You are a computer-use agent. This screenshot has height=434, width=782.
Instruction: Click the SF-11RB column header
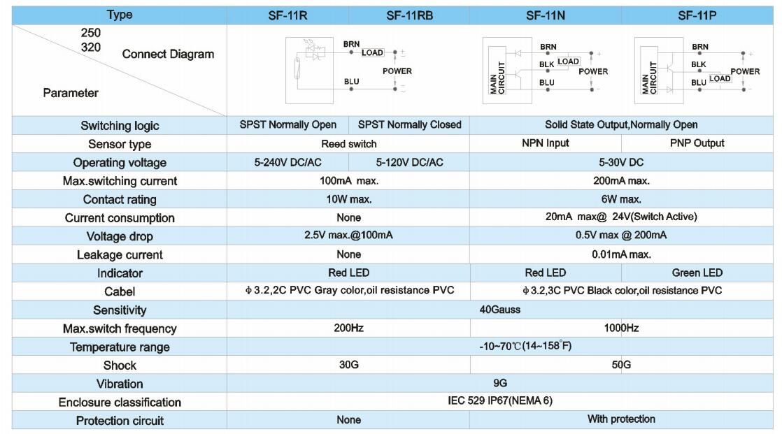(409, 15)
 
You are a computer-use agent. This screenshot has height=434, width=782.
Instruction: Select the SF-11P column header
(697, 15)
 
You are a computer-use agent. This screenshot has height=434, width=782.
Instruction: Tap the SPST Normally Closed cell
(409, 124)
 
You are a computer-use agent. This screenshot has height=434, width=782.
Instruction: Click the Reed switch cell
(348, 144)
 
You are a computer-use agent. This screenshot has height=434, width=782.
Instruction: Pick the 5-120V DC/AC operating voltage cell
(409, 162)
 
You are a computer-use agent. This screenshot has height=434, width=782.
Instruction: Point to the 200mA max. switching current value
(621, 181)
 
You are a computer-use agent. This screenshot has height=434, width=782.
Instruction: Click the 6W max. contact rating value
(621, 199)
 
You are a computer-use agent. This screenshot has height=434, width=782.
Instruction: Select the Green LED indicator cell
(697, 273)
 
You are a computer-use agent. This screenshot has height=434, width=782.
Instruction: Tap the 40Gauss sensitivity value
(499, 310)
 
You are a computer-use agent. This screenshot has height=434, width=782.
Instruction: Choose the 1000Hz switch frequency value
(621, 328)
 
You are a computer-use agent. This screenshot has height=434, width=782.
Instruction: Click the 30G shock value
(348, 365)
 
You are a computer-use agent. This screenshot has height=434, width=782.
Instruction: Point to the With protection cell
(621, 419)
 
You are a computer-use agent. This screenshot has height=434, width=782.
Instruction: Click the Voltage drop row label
(120, 236)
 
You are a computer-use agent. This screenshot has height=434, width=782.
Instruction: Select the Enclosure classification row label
(120, 402)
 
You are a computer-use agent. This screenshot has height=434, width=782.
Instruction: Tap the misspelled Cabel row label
(120, 291)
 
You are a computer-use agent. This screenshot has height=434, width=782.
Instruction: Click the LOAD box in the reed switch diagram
(372, 52)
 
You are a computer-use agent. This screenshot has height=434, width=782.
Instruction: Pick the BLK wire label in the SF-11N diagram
(546, 64)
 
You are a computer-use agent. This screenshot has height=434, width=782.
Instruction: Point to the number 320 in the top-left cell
(91, 48)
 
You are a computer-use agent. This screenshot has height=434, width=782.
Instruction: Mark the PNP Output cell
(697, 143)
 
